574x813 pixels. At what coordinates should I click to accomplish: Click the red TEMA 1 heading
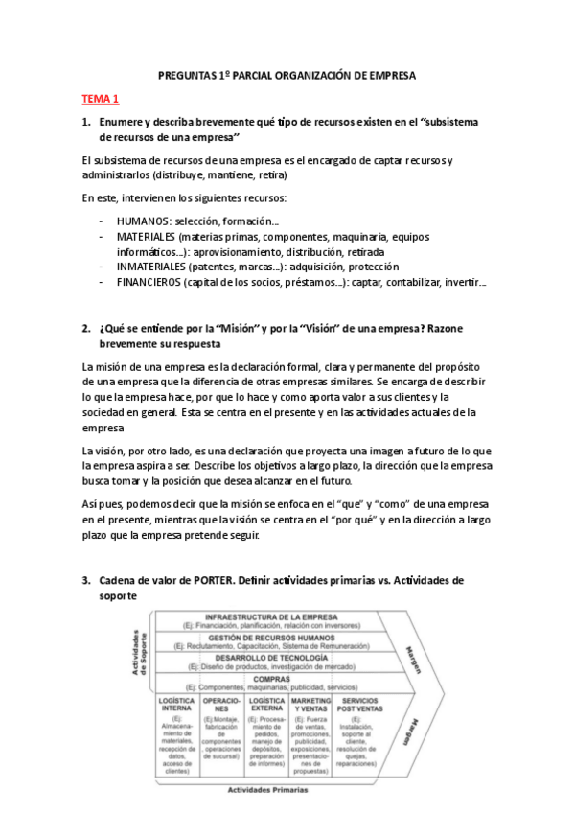coord(101,98)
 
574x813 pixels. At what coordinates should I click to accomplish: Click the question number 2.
coord(85,328)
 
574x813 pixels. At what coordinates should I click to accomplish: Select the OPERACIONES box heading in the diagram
coord(222,706)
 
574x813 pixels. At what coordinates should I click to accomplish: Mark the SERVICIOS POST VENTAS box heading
coord(357,706)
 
